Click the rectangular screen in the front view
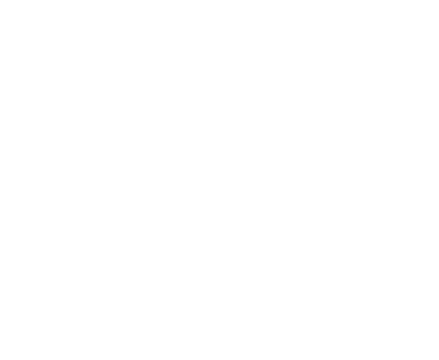tap(75, 59)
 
